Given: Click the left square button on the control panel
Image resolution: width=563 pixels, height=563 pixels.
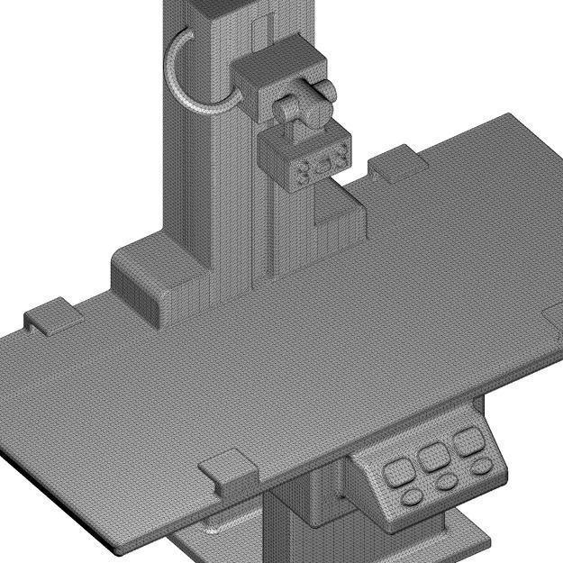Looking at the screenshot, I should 397,470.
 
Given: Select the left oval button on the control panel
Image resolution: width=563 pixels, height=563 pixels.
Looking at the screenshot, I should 411,496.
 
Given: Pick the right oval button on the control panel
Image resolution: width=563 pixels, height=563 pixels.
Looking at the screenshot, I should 482,467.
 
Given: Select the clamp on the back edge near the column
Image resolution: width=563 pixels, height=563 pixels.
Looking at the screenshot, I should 395,162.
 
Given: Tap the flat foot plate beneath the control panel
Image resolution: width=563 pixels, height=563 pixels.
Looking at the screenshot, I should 468,531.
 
